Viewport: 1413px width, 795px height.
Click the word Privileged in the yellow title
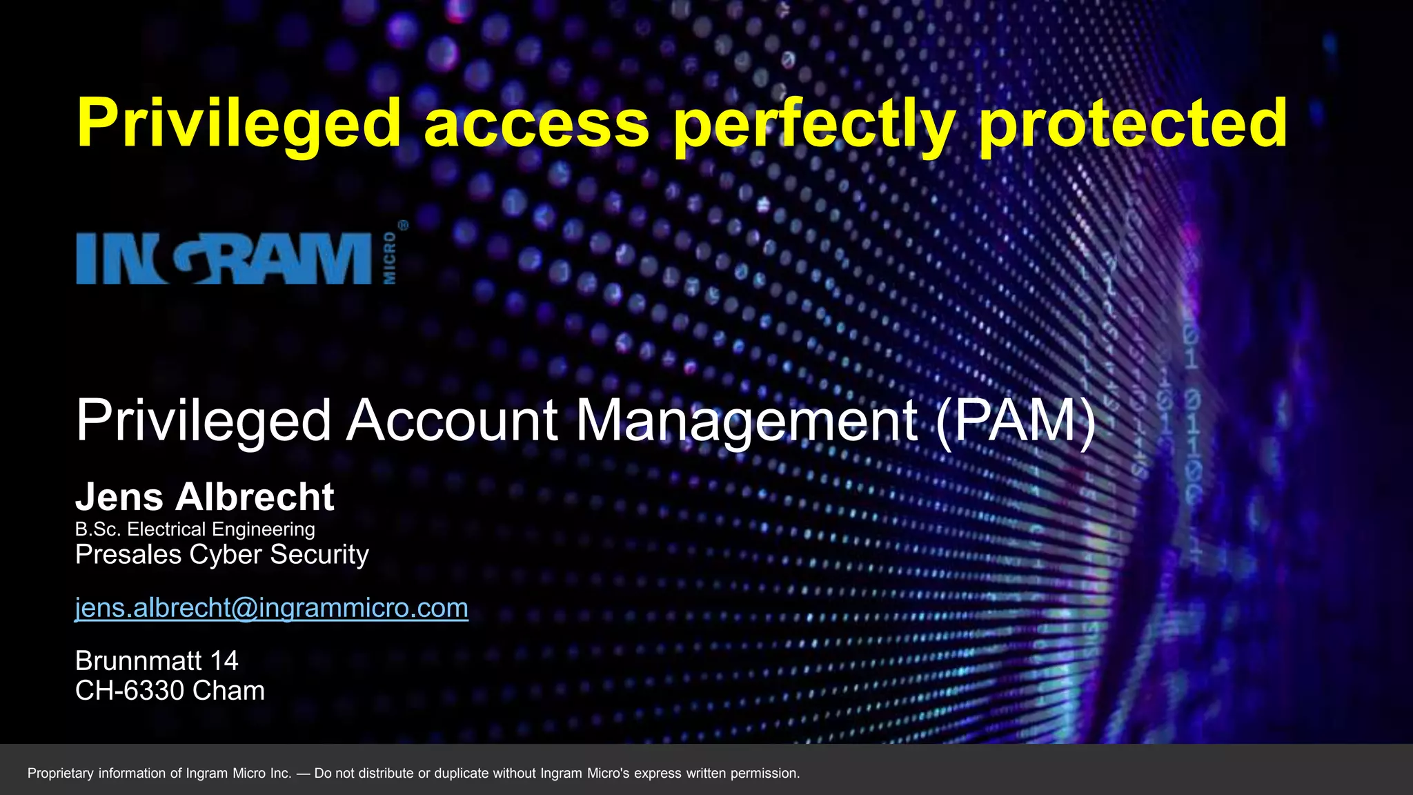tap(239, 124)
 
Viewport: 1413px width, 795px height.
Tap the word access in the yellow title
tap(537, 124)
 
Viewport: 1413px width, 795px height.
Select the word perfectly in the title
tap(814, 124)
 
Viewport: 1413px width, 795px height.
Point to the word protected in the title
tap(1133, 124)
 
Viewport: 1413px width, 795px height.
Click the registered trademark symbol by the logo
tap(403, 226)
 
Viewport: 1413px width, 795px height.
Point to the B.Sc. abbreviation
tap(98, 529)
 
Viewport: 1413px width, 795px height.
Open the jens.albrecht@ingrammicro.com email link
tap(271, 608)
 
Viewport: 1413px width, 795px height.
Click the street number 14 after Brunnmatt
tap(224, 661)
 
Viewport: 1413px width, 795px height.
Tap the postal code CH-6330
tap(130, 691)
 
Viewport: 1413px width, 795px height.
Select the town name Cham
tap(228, 691)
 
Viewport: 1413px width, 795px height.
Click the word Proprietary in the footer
tap(60, 774)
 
